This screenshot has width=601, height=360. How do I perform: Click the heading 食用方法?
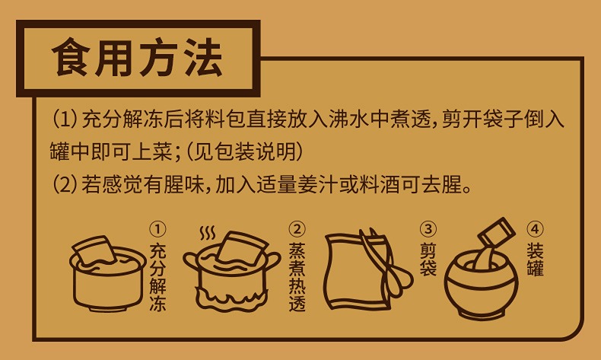tap(137, 58)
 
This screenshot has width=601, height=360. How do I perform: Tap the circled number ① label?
tap(157, 229)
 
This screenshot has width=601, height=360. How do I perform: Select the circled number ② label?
tap(297, 229)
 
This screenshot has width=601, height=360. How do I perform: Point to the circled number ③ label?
tap(428, 229)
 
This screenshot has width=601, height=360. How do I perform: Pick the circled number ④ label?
tap(535, 229)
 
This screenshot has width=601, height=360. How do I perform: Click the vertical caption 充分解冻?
tap(157, 276)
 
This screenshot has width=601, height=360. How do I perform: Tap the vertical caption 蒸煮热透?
tap(297, 276)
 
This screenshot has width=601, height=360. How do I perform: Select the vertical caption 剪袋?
tap(428, 260)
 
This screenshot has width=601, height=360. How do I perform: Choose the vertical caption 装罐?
tap(535, 260)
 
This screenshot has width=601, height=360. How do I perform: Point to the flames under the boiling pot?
tap(231, 298)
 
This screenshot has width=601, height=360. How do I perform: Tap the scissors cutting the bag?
tap(383, 265)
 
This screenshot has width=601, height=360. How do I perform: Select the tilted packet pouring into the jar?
tap(494, 234)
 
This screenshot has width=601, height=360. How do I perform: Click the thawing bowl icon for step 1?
tap(108, 273)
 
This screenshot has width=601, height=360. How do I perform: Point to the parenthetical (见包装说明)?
tap(244, 151)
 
